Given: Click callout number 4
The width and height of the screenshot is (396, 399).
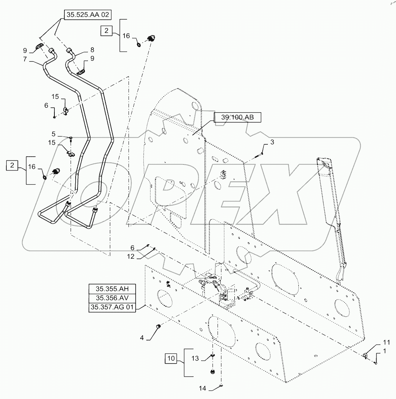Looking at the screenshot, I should [142, 338].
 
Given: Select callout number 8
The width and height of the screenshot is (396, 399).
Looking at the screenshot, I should [92, 49].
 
